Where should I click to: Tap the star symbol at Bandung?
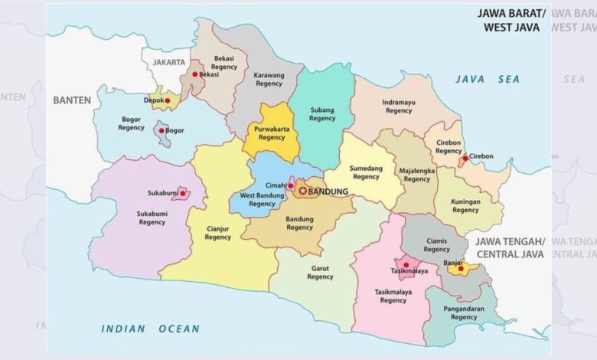302,191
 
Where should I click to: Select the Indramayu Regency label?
399,106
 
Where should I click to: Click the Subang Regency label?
322,114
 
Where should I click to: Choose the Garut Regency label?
320,272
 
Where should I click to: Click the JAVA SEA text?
488,79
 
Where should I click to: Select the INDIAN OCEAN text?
150,329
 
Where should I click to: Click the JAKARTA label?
169,61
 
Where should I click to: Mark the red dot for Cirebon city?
464,159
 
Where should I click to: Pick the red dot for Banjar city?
460,269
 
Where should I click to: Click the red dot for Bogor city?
161,131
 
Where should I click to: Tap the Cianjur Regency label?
218,232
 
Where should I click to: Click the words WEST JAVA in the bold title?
511,27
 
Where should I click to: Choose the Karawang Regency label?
269,79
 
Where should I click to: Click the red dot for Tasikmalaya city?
406,265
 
